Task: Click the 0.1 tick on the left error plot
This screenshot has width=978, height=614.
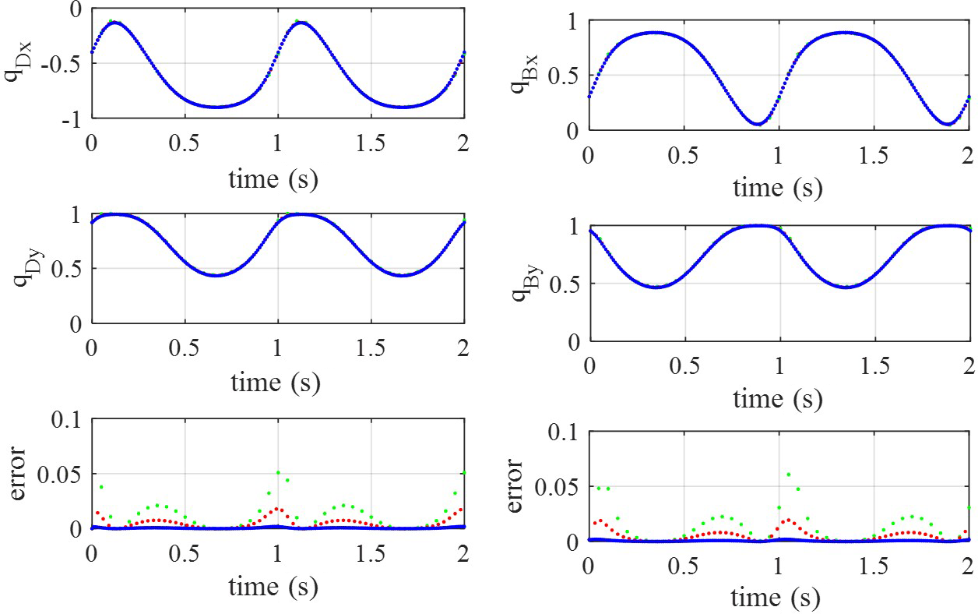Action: [69, 421]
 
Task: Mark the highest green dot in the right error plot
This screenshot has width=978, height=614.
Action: [788, 475]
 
